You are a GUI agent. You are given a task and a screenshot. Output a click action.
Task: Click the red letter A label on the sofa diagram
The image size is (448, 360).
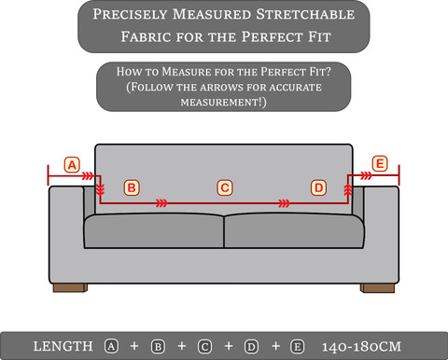pos(72,165)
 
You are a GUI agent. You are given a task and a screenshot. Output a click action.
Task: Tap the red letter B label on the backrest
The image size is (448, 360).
pos(132,187)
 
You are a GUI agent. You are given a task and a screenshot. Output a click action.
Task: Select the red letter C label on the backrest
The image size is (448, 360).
pos(225,187)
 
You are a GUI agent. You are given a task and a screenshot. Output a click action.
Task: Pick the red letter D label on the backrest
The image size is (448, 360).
pos(318,187)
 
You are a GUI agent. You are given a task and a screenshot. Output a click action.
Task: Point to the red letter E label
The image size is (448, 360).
pos(380,163)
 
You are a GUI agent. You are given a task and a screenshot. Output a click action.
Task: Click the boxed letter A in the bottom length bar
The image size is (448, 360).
pos(111,346)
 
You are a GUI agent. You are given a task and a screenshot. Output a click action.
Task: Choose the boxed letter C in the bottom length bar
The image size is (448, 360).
pos(204,347)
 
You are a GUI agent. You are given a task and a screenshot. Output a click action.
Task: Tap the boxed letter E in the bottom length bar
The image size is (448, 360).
pos(297,347)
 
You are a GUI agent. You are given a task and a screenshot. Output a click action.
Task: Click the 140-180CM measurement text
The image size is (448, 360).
pos(361,347)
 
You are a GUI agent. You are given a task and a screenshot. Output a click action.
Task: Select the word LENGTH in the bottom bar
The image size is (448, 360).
pos(63,346)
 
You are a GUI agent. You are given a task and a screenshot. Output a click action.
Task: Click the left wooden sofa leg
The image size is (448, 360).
pos(70,288)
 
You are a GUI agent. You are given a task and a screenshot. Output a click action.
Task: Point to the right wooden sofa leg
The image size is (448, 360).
pos(377,288)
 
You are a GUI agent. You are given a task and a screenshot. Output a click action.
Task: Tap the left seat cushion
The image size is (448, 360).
pos(154,230)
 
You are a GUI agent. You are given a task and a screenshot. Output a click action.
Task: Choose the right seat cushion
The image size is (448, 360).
pos(294,230)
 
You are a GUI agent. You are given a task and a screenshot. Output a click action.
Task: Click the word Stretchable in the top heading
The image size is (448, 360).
pos(305,14)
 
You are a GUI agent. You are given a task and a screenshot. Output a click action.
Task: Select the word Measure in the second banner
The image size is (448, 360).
pos(187,72)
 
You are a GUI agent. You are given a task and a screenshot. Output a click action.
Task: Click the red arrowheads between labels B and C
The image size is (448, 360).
pos(161,203)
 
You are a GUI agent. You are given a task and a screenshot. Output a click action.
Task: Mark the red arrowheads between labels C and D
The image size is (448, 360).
pos(284,203)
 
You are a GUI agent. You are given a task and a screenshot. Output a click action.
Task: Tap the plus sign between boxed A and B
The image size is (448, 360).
pos(134,346)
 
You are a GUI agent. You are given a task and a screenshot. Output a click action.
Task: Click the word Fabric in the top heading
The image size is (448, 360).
pos(146,36)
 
